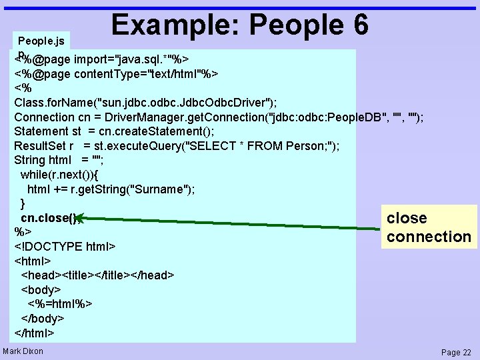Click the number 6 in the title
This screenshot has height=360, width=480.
point(358,25)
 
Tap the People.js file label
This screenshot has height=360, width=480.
point(41,41)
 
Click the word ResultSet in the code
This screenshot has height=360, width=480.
point(39,146)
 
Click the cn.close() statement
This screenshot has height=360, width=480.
point(47,218)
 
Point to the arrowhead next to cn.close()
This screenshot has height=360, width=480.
point(79,217)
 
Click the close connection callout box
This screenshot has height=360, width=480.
point(429,227)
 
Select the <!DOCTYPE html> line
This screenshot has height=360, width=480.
point(65,247)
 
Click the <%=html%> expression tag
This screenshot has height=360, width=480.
point(64,304)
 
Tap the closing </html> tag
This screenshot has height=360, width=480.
point(34,333)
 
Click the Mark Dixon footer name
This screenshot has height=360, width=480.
point(23,351)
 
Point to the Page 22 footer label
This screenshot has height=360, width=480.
point(456,352)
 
